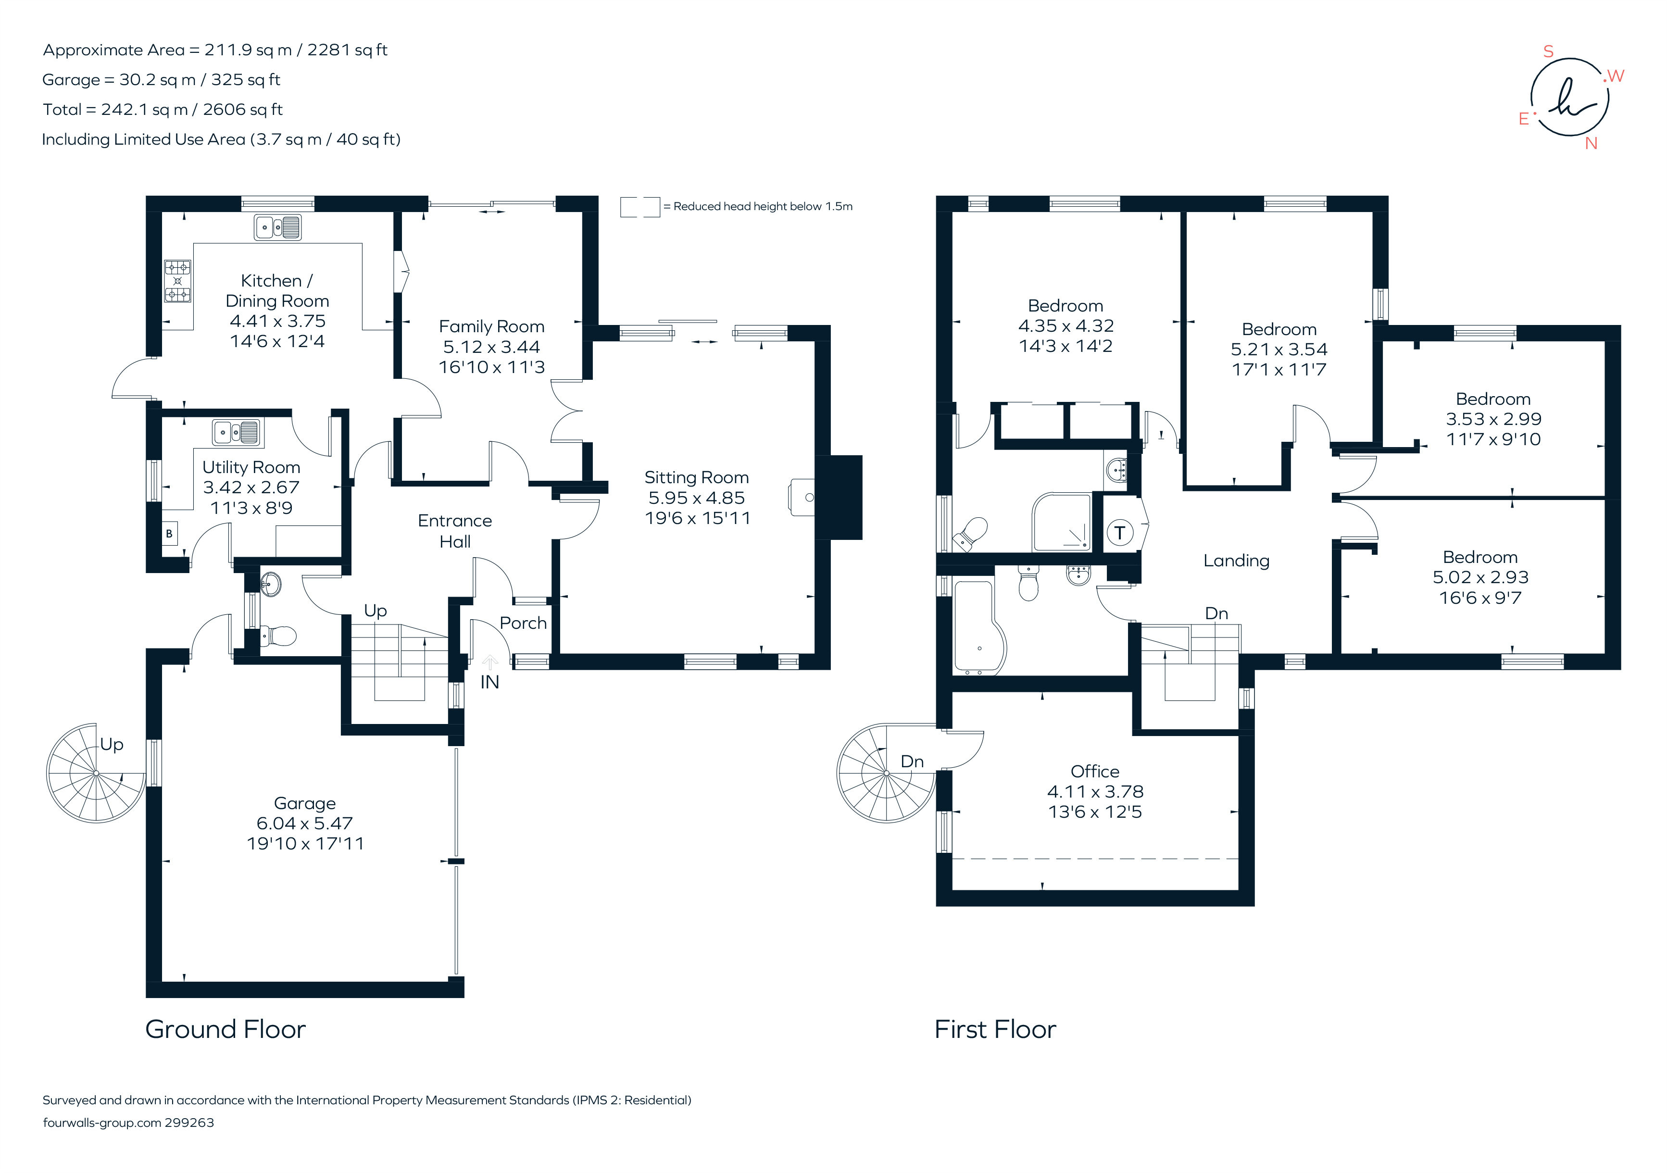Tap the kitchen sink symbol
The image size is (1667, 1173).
pos(277,227)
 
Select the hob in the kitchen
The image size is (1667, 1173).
pos(177,281)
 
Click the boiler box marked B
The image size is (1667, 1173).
pos(169,534)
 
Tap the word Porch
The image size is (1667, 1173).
pos(523,623)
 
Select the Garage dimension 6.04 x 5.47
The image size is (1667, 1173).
pos(304,823)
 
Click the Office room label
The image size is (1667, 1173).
pos(1095,772)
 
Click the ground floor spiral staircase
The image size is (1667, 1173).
pos(96,773)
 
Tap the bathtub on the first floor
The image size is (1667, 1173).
pos(978,628)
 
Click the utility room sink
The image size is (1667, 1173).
pos(237,433)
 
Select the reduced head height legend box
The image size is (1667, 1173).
pos(639,207)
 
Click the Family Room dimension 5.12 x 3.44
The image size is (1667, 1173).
pos(491,347)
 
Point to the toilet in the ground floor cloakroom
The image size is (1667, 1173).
pos(279,636)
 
